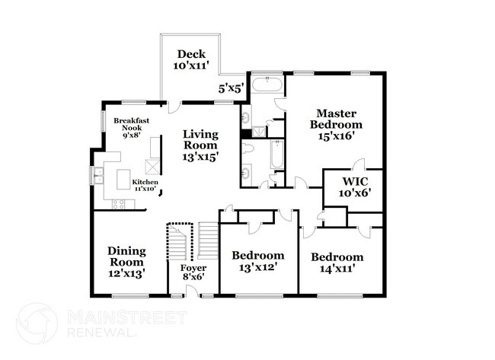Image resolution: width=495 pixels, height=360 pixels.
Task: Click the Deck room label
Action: click(189, 54)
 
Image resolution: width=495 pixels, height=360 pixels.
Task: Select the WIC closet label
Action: click(356, 182)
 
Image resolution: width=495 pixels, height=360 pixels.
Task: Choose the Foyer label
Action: click(193, 269)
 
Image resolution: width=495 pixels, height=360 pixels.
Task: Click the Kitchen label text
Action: click(145, 183)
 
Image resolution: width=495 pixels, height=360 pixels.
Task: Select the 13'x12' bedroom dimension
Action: click(258, 269)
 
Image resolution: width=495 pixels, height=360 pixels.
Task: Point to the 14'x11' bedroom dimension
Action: click(337, 270)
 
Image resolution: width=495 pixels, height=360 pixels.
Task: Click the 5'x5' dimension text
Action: click(232, 89)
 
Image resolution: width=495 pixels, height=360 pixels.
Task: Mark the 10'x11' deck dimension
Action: click(189, 67)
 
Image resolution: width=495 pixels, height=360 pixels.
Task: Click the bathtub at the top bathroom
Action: click(266, 84)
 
